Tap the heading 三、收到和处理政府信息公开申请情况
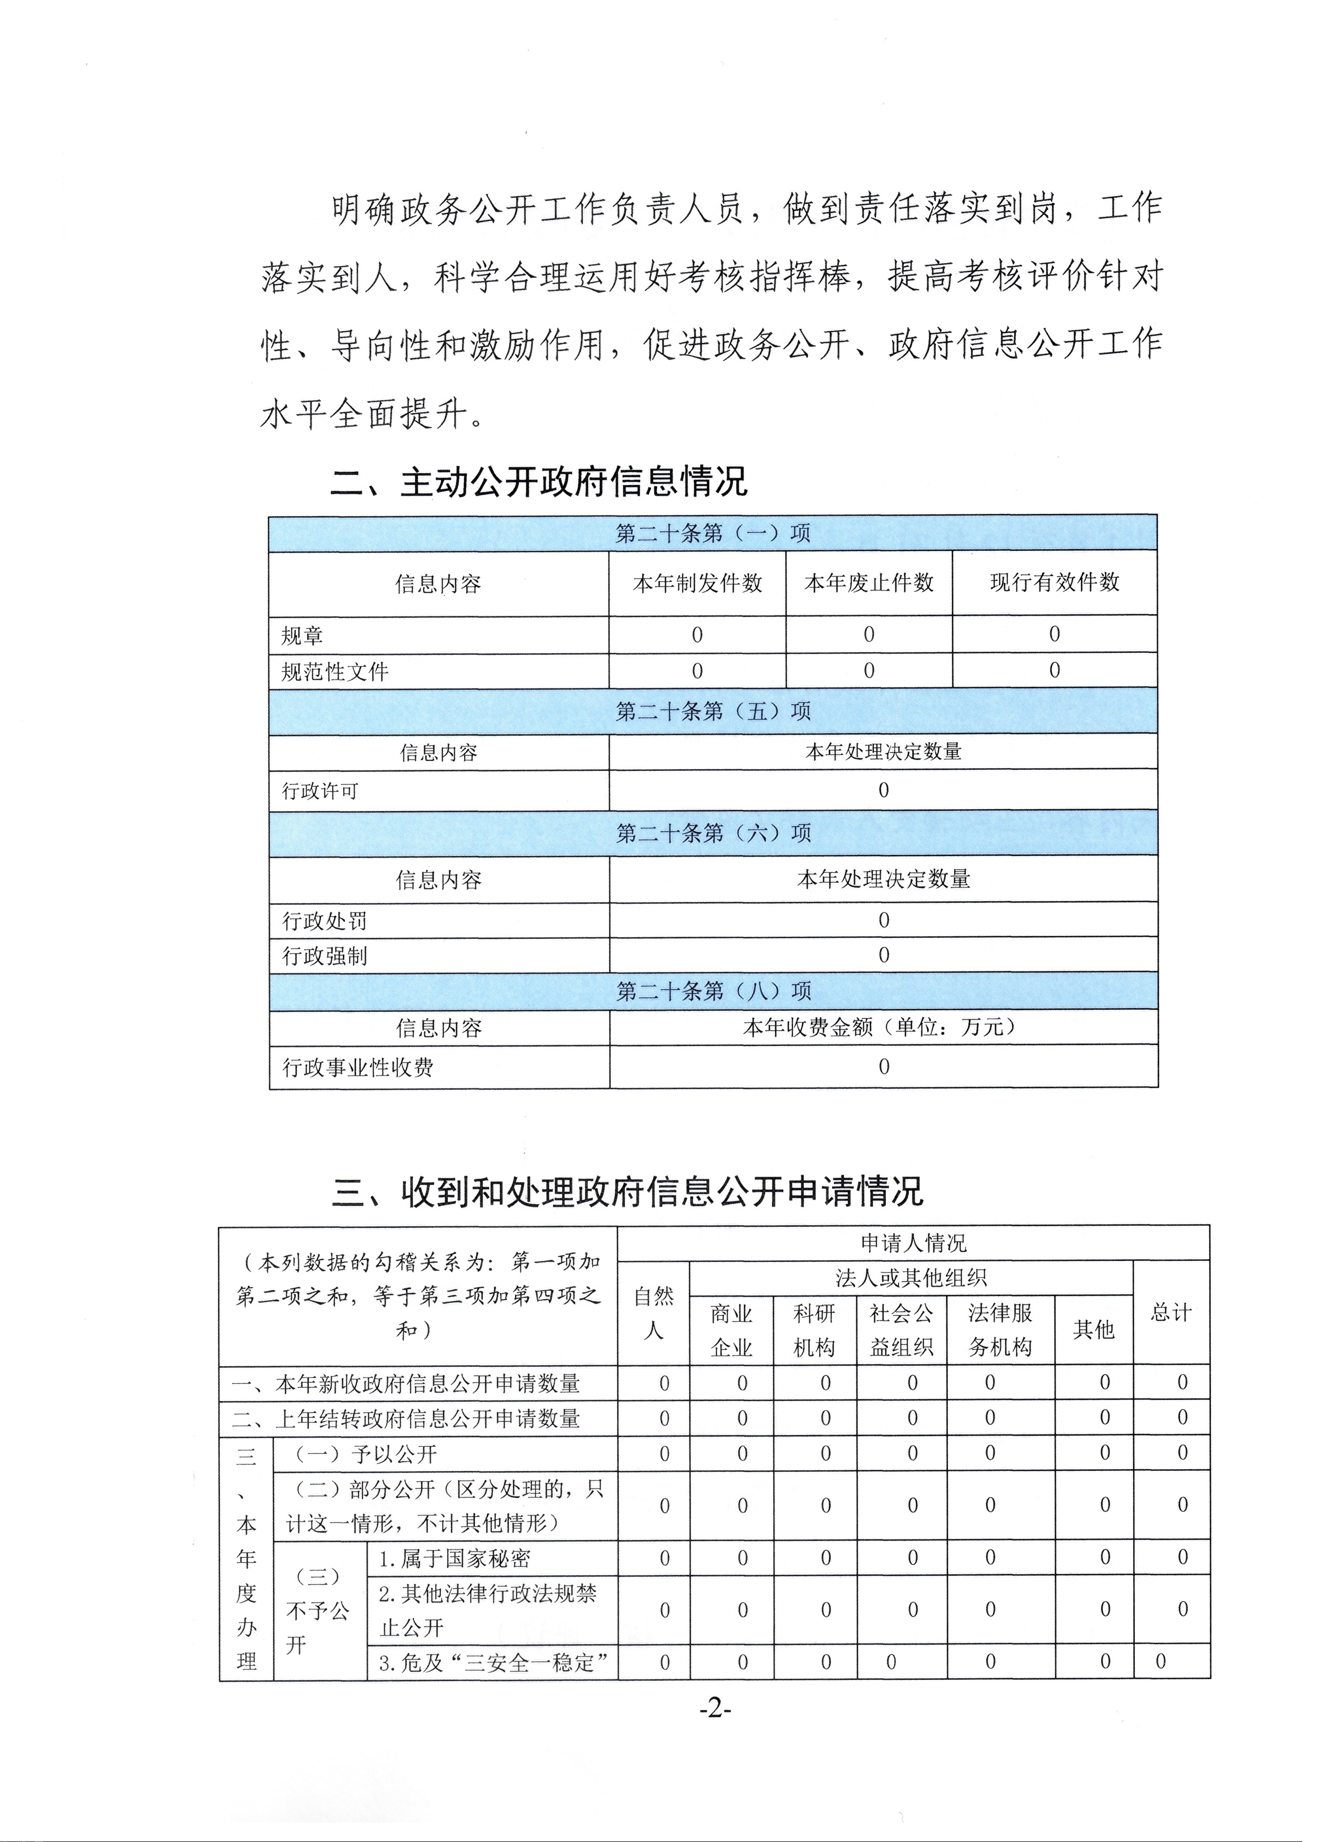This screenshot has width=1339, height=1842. click(627, 1192)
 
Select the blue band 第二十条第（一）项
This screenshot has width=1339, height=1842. click(713, 533)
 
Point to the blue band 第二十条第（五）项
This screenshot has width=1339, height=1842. click(713, 711)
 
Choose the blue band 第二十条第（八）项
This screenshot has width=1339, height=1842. click(713, 991)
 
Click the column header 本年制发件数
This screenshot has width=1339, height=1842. click(697, 583)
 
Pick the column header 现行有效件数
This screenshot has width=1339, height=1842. click(1054, 582)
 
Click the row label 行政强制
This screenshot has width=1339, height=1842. click(325, 956)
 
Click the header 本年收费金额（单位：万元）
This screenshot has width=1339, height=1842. click(883, 1028)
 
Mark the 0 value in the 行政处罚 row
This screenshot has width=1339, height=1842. click(883, 920)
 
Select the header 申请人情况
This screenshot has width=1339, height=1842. click(913, 1243)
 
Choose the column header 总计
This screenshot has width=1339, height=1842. click(1170, 1313)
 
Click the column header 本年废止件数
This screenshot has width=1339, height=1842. click(869, 583)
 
